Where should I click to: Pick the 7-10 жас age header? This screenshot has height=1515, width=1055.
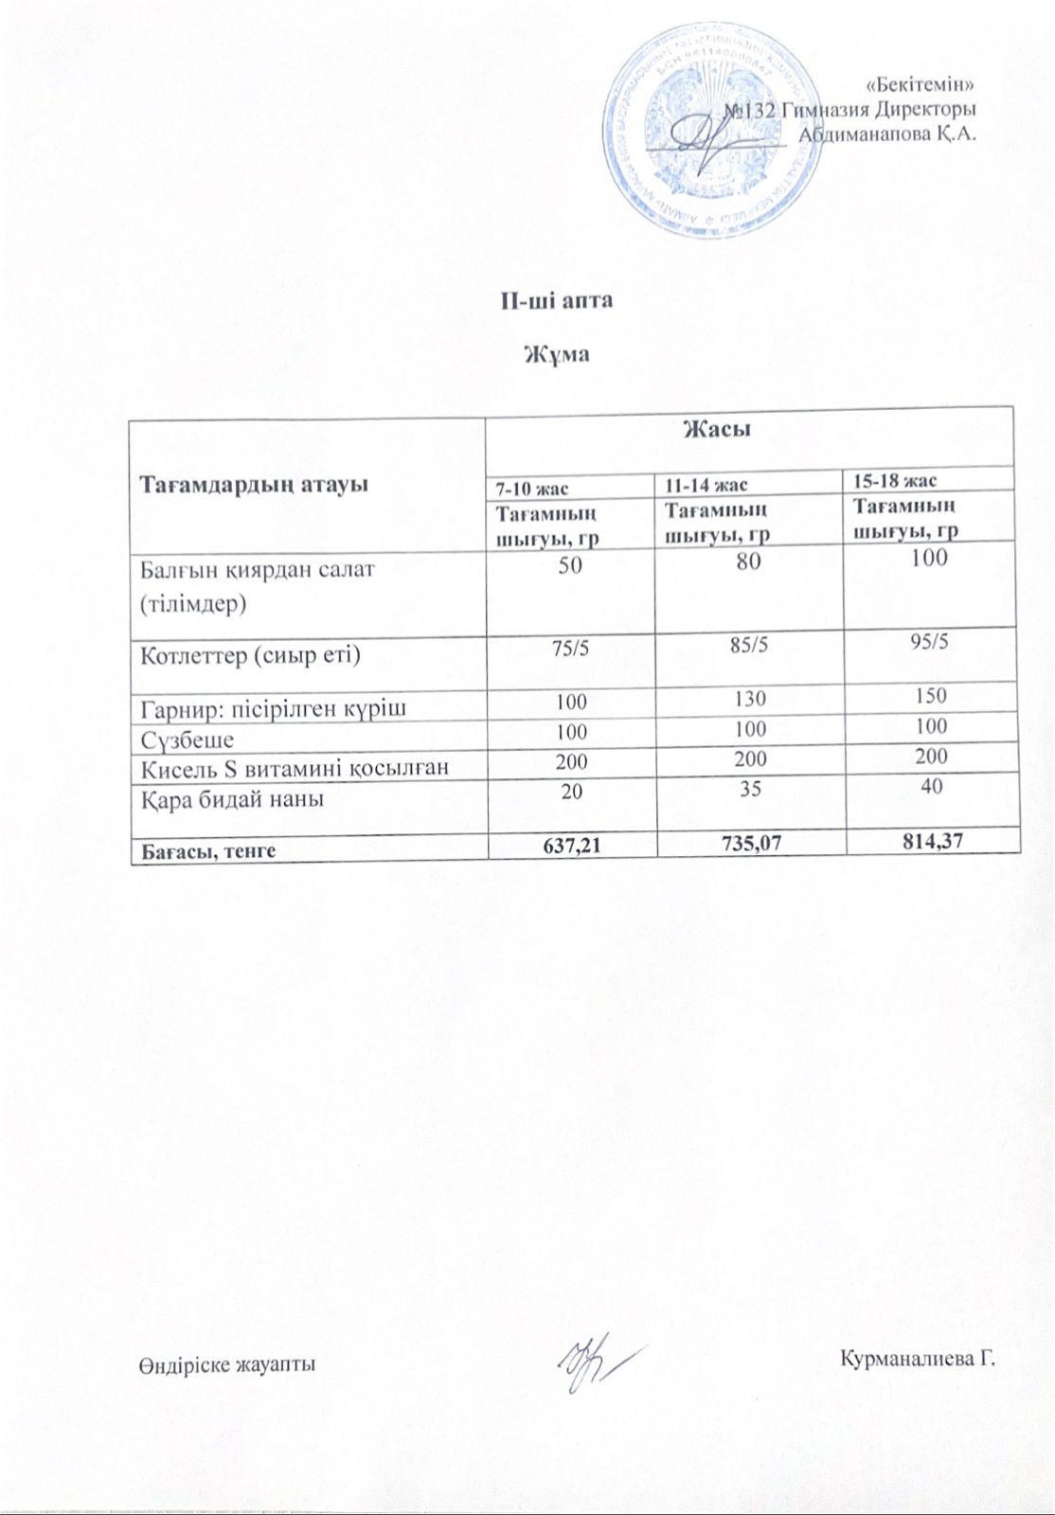click(x=533, y=489)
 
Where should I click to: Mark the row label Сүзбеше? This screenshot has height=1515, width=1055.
click(x=188, y=739)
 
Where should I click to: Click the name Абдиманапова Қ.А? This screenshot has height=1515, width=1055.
click(x=887, y=134)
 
